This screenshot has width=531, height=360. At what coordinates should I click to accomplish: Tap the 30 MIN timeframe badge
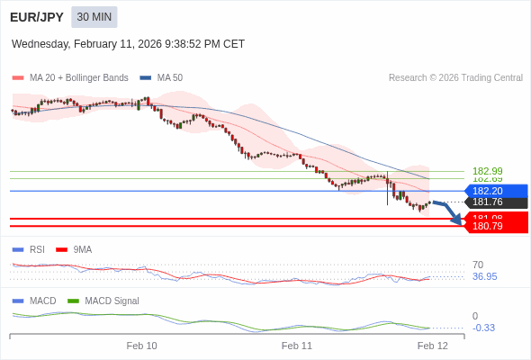(x=94, y=17)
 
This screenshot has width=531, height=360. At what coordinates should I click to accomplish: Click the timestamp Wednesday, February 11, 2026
(x=128, y=44)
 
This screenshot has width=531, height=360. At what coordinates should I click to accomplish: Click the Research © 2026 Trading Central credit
(x=455, y=77)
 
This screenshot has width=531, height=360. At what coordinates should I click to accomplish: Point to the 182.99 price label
(x=487, y=171)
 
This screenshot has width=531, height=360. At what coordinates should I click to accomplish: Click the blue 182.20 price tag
(x=494, y=191)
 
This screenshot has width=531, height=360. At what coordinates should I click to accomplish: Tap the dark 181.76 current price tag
(x=494, y=202)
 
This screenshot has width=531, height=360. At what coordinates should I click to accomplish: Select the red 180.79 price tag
(x=494, y=226)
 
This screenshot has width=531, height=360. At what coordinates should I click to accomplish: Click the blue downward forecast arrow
(x=449, y=211)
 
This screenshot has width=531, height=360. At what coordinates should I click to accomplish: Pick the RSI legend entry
(x=36, y=249)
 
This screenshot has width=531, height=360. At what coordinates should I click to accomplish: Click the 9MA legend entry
(x=82, y=249)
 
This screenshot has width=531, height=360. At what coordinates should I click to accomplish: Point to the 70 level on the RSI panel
(x=478, y=265)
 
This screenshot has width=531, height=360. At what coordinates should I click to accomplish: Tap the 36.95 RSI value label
(x=484, y=276)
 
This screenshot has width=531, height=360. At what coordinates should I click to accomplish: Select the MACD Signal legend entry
(x=112, y=301)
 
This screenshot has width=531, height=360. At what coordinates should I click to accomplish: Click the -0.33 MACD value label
(x=483, y=328)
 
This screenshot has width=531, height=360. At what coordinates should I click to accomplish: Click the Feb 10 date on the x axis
(x=141, y=346)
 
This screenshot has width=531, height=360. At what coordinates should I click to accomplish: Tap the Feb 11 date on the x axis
(x=296, y=346)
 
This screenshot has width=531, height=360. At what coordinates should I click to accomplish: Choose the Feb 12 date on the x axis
(x=432, y=346)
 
